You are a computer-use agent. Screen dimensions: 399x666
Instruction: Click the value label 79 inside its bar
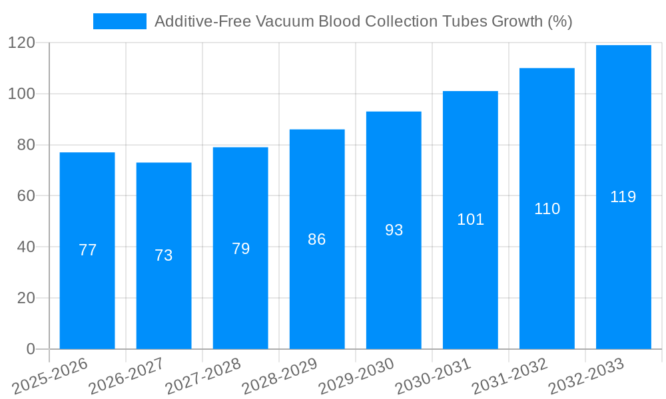[240, 249]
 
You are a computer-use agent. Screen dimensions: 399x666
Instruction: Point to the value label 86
[317, 239]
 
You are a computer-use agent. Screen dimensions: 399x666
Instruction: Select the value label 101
[470, 219]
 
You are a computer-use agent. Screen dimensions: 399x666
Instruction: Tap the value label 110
[547, 209]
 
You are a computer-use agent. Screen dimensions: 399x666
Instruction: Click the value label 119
[623, 197]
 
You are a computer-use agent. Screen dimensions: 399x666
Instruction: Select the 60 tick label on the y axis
[25, 196]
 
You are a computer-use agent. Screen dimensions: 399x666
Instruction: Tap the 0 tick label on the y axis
[30, 349]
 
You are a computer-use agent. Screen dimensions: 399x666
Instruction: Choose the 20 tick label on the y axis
[25, 298]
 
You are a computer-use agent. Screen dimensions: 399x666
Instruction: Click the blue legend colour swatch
[120, 21]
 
